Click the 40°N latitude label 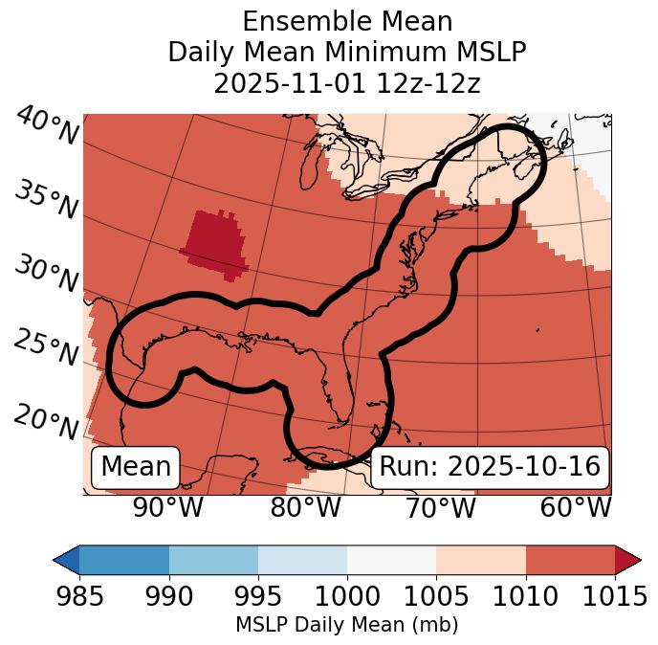click(47, 127)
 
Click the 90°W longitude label click(167, 508)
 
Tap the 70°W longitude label click(440, 508)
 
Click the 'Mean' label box click(136, 467)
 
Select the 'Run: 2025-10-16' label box click(490, 467)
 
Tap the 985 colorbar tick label click(79, 597)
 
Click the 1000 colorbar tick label click(347, 597)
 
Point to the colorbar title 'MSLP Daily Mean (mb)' click(346, 626)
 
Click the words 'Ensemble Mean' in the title click(346, 21)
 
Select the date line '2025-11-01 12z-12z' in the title click(346, 83)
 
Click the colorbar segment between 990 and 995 click(213, 560)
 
